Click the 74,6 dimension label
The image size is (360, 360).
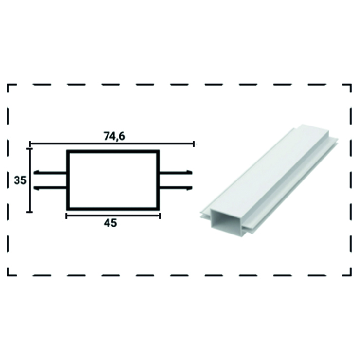click(x=114, y=136)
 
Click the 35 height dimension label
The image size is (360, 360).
click(x=20, y=180)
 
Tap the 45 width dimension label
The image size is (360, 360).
click(x=110, y=223)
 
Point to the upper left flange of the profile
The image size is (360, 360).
click(x=50, y=173)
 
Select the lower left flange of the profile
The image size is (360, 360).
click(x=50, y=188)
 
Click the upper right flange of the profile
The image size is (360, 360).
click(x=176, y=173)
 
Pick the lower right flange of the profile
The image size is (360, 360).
click(x=176, y=188)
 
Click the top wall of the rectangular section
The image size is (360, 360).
click(x=113, y=151)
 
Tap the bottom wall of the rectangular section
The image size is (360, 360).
click(x=113, y=209)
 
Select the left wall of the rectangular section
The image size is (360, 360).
click(x=68, y=180)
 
